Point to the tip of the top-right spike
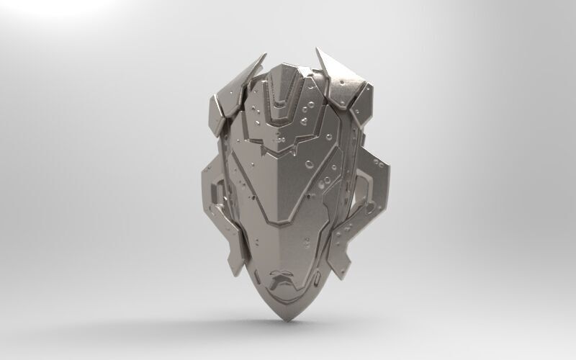pyautogui.click(x=318, y=49)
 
